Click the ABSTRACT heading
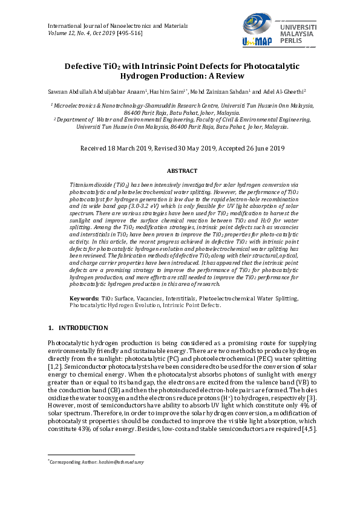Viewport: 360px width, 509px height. (180, 171)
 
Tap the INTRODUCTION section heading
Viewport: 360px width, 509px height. (83, 328)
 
